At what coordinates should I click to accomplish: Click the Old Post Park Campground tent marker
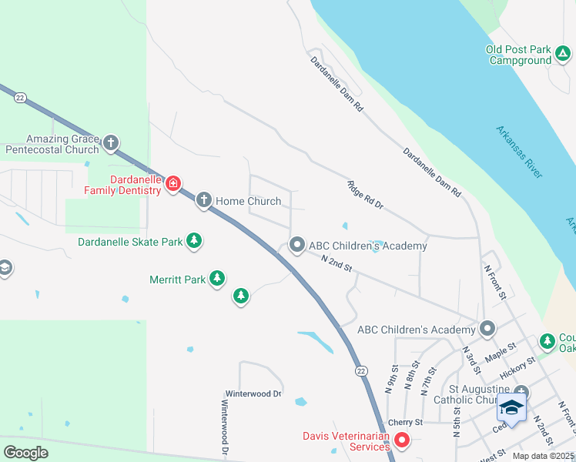point(563,54)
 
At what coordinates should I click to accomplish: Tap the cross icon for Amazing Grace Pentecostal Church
point(111,142)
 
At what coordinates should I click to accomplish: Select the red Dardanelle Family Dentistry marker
point(173,183)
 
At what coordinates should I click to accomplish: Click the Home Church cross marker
point(204,201)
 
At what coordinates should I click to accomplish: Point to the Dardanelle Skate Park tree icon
point(195,241)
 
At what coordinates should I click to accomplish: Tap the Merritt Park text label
point(177,279)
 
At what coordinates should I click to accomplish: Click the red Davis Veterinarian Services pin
point(400,441)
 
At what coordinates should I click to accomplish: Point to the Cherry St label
point(405,422)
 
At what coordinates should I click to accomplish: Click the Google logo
point(25,452)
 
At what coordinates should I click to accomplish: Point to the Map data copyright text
point(543,456)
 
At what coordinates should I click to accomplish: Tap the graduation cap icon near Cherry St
point(511,407)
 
